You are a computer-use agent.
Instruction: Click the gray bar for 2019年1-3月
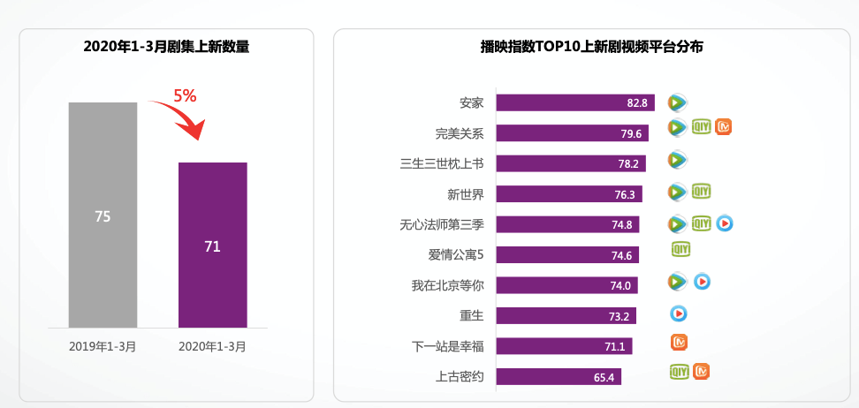pyautogui.click(x=103, y=215)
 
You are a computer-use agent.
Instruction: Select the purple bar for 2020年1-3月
pyautogui.click(x=212, y=245)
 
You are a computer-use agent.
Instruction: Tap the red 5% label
pyautogui.click(x=185, y=96)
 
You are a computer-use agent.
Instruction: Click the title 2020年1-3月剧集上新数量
pyautogui.click(x=166, y=47)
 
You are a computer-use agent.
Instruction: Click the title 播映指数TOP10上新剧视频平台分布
pyautogui.click(x=591, y=47)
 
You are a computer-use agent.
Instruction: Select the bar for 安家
pyautogui.click(x=574, y=102)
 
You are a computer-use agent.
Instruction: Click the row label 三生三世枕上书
pyautogui.click(x=442, y=163)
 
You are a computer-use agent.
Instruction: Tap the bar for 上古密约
pyautogui.click(x=559, y=377)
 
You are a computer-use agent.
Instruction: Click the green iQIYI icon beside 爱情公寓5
pyautogui.click(x=680, y=250)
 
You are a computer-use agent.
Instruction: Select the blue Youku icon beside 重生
pyautogui.click(x=679, y=313)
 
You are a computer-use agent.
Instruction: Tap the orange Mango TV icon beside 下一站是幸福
pyautogui.click(x=679, y=342)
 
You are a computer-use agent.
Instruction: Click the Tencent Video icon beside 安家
pyautogui.click(x=677, y=102)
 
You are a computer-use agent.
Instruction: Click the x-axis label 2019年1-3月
pyautogui.click(x=103, y=346)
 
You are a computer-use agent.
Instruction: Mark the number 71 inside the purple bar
pyautogui.click(x=212, y=246)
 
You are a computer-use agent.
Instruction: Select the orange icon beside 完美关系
pyautogui.click(x=724, y=127)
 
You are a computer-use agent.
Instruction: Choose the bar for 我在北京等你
pyautogui.click(x=566, y=285)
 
